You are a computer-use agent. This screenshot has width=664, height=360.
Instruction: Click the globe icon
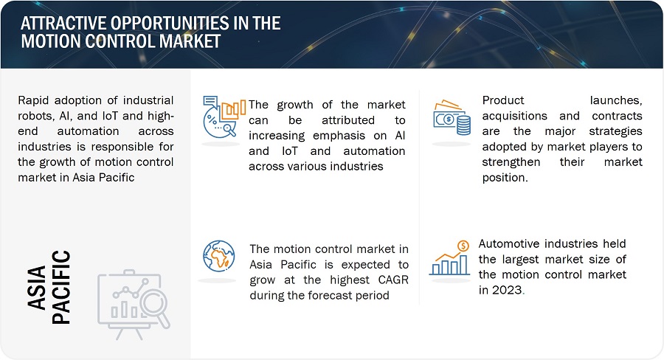tap(218, 256)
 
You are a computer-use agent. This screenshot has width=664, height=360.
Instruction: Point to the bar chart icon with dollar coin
tap(449, 258)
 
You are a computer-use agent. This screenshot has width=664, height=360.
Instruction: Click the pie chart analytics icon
tap(224, 117)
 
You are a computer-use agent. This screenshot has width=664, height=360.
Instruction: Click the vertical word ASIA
tap(36, 288)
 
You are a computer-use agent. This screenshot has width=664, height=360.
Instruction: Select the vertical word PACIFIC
tap(61, 287)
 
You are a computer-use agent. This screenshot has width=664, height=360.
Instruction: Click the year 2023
tap(506, 290)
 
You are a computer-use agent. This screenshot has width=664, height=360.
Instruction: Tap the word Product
tap(503, 100)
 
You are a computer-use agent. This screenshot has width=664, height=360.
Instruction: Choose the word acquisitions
tap(514, 116)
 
